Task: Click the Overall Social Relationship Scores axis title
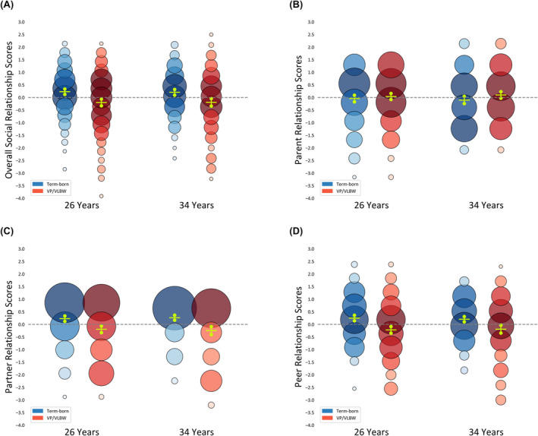point(11,110)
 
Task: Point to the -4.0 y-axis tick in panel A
point(23,198)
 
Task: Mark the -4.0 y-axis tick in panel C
point(23,425)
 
